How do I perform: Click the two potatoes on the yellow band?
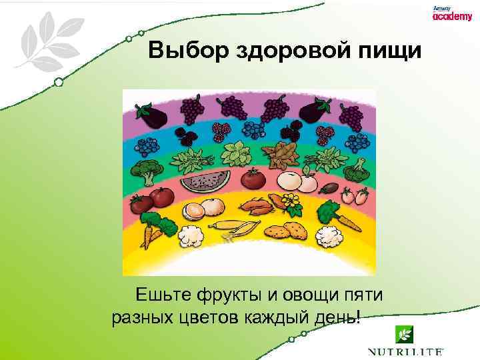[285, 231]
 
